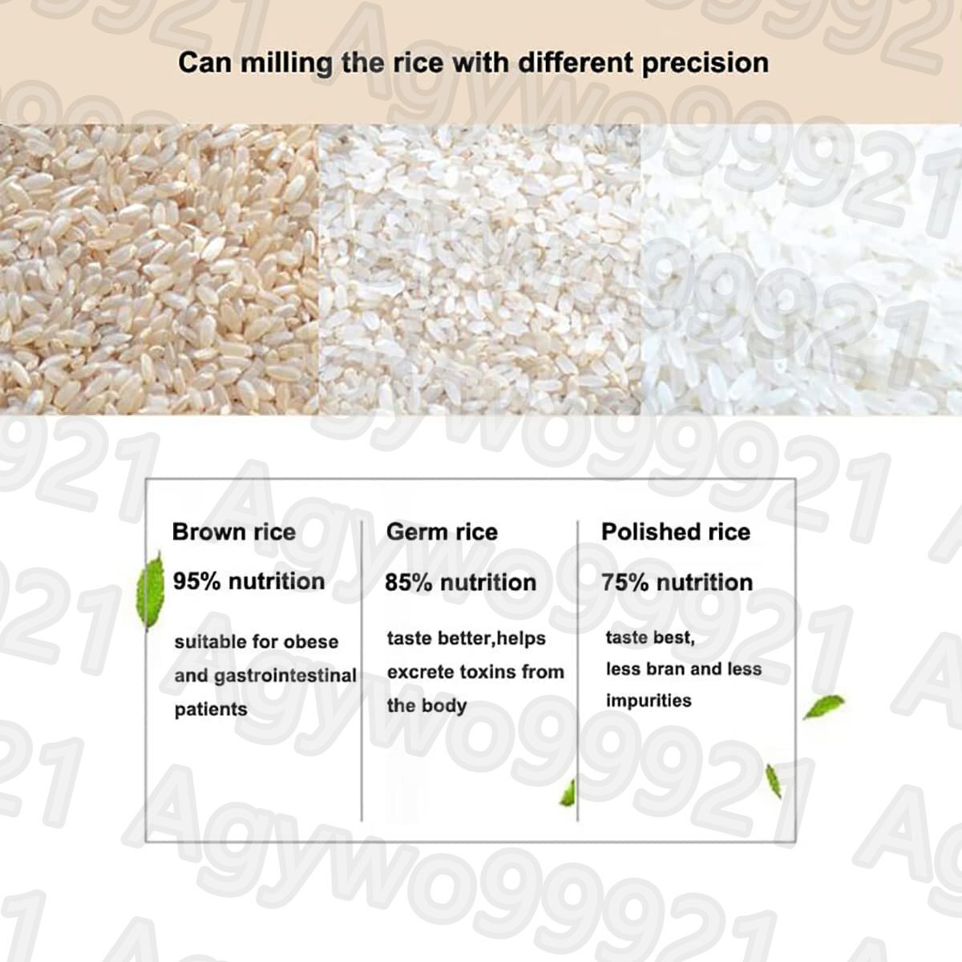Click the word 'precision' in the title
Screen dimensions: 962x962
click(705, 64)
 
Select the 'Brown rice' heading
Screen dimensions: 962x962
click(233, 532)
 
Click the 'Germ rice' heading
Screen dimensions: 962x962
click(442, 532)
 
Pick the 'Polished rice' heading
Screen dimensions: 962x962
click(676, 532)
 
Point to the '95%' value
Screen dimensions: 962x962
click(196, 581)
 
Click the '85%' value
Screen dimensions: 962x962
click(408, 583)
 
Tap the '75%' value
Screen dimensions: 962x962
click(624, 583)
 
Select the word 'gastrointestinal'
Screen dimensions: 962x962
click(285, 676)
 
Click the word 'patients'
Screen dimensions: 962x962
click(211, 709)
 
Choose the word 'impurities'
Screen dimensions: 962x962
click(649, 701)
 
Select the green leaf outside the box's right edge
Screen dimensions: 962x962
click(824, 707)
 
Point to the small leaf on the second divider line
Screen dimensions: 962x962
click(568, 794)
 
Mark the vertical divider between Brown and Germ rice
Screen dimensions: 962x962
click(362, 670)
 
